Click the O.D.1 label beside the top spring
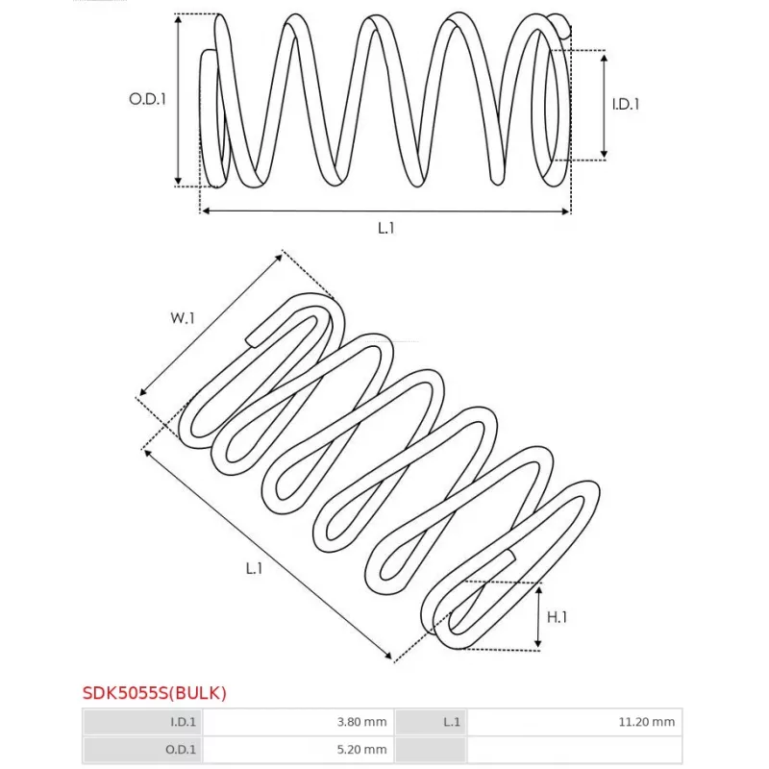pos(147,99)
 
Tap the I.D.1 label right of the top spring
pos(626,104)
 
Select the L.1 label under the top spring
pos(386,228)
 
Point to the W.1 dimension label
pos(183,318)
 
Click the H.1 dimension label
pos(557,617)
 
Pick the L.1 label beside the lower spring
pos(254,568)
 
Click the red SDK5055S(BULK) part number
pos(155,693)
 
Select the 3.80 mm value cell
pos(298,722)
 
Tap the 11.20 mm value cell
pos(574,722)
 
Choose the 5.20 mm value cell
pos(298,750)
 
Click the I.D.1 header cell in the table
pos(142,722)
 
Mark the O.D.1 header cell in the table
pos(142,750)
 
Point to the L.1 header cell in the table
pos(431,722)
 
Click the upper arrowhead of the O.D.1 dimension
pos(179,18)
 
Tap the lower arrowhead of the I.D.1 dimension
pos(605,155)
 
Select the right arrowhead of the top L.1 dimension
pos(566,211)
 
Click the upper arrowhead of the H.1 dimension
pos(538,589)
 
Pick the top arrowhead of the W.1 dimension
pos(279,257)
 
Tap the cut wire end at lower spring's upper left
pos(249,339)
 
